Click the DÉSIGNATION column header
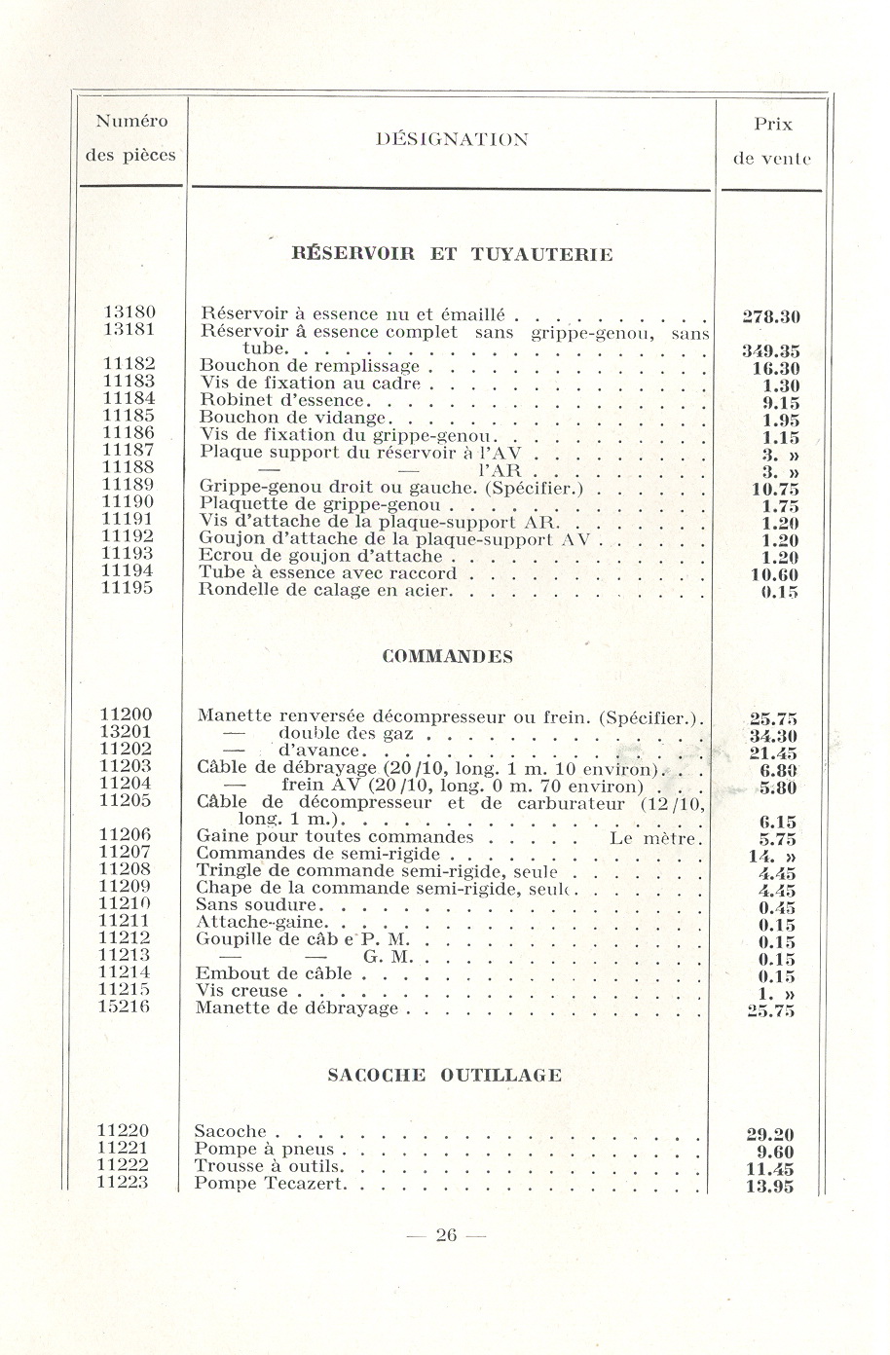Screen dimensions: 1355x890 [x=452, y=139]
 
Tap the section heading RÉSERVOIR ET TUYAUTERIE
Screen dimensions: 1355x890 [x=453, y=255]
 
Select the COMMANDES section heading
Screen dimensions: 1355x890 [x=448, y=656]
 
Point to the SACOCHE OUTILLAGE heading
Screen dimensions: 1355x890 [x=445, y=1075]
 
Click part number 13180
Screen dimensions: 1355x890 [x=130, y=312]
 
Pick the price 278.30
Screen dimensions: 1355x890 [x=770, y=317]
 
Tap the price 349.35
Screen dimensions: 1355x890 [x=770, y=351]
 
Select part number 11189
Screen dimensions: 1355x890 [x=128, y=485]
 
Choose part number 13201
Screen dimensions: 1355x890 [x=127, y=732]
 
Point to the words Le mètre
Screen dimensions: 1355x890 [x=654, y=837]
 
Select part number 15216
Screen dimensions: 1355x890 [x=125, y=1007]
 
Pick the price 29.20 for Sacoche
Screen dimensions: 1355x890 [x=769, y=1135]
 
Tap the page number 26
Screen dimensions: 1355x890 [x=446, y=1236]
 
